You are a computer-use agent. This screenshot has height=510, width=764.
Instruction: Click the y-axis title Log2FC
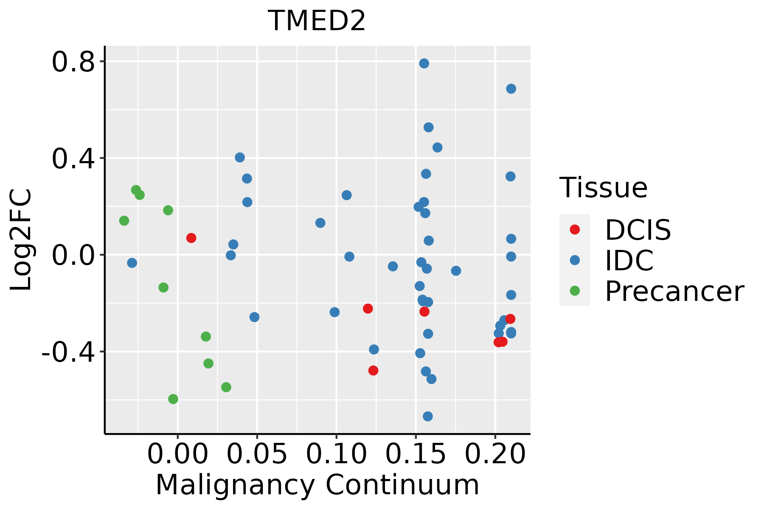click(x=21, y=240)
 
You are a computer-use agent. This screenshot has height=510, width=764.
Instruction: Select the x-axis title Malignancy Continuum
click(x=317, y=485)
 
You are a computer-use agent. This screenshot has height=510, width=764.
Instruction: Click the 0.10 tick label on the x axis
click(x=336, y=454)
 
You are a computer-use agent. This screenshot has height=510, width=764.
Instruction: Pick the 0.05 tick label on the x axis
click(x=257, y=454)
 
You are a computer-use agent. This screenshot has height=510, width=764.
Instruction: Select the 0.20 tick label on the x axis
click(x=495, y=454)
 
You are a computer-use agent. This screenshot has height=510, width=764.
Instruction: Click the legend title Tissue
click(x=603, y=188)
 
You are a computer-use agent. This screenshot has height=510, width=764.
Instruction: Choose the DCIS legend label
click(x=638, y=230)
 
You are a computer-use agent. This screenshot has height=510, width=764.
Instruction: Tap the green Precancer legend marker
click(x=575, y=291)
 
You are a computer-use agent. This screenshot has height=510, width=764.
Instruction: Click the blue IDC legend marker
click(x=575, y=260)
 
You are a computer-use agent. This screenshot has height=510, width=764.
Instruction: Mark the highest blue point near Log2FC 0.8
click(x=424, y=63)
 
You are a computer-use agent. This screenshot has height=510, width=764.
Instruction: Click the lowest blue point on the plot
click(x=428, y=416)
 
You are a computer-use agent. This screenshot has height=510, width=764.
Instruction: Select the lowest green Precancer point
click(x=173, y=399)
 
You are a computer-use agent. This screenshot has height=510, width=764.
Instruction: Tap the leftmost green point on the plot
click(x=124, y=221)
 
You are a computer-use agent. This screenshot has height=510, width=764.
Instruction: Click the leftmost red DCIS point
click(x=191, y=238)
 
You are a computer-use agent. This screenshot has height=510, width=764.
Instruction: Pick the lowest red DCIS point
click(x=373, y=371)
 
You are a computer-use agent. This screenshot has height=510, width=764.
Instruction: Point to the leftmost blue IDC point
click(x=132, y=263)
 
